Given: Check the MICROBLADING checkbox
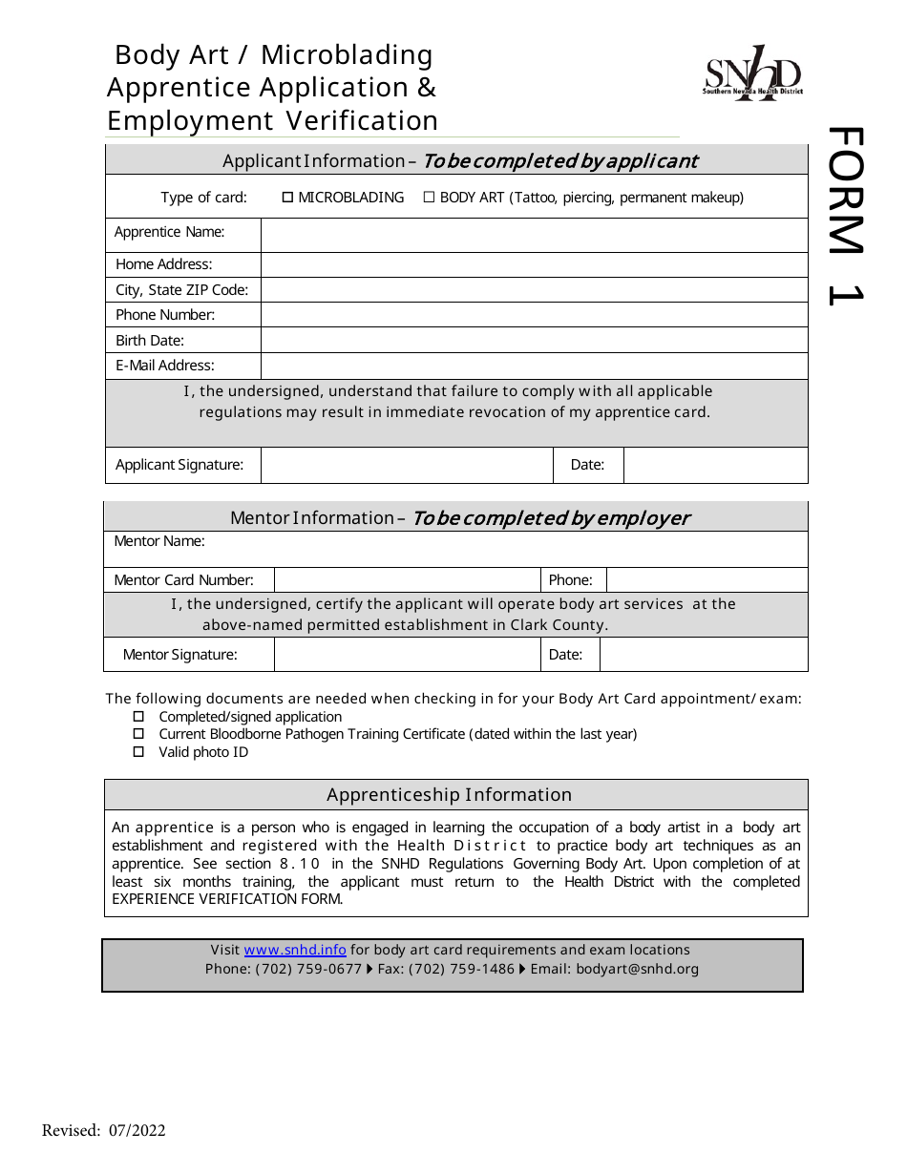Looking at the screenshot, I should click(x=288, y=198).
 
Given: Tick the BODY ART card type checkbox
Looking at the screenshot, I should click(x=429, y=198).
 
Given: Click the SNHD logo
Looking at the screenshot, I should click(x=752, y=73).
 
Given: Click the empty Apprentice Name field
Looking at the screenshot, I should click(x=534, y=235).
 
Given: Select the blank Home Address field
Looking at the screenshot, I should click(x=534, y=264).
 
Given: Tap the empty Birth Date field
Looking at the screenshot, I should click(x=534, y=341).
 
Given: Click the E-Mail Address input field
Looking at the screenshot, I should click(x=534, y=366).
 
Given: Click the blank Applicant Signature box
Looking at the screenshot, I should click(x=407, y=465).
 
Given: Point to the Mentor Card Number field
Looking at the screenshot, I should click(x=407, y=580).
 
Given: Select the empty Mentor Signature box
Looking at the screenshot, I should click(x=407, y=655).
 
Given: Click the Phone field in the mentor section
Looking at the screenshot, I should click(x=707, y=580).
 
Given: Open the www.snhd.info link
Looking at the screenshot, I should click(x=295, y=951).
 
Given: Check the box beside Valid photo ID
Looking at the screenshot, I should click(x=138, y=752).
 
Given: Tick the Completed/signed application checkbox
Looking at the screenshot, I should click(x=138, y=717).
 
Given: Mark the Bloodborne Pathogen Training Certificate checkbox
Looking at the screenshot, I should click(x=138, y=734).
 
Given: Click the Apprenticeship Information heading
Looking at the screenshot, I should click(x=449, y=795).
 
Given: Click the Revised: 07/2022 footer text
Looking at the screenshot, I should click(x=104, y=1131).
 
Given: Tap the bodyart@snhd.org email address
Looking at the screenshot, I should click(x=637, y=969).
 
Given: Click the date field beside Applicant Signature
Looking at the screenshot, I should click(x=715, y=465).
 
